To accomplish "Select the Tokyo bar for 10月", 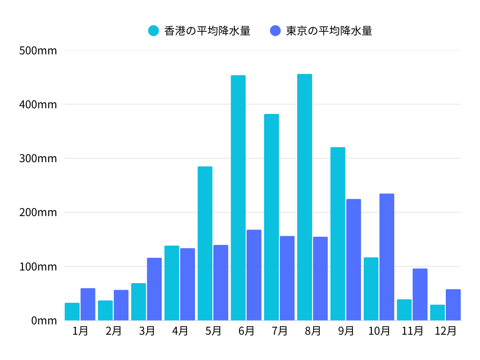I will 387,257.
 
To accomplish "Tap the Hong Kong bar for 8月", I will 305,197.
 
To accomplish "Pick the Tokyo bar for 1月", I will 88,304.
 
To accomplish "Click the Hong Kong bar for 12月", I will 437,313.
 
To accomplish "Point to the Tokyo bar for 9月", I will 353,260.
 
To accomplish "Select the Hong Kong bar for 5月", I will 205,243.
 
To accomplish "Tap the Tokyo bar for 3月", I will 154,289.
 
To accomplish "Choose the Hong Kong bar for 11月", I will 404,310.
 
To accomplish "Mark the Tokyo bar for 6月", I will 254,275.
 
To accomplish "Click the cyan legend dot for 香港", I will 154,31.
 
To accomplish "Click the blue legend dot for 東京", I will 276,31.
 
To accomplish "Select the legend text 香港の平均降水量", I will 207,31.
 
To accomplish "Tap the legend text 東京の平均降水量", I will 329,31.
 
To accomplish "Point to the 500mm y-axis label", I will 38,51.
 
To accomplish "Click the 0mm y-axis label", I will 44,321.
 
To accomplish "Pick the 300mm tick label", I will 38,158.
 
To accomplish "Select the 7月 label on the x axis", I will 280,331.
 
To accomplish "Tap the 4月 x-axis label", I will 180,331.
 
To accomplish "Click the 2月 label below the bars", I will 113,331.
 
